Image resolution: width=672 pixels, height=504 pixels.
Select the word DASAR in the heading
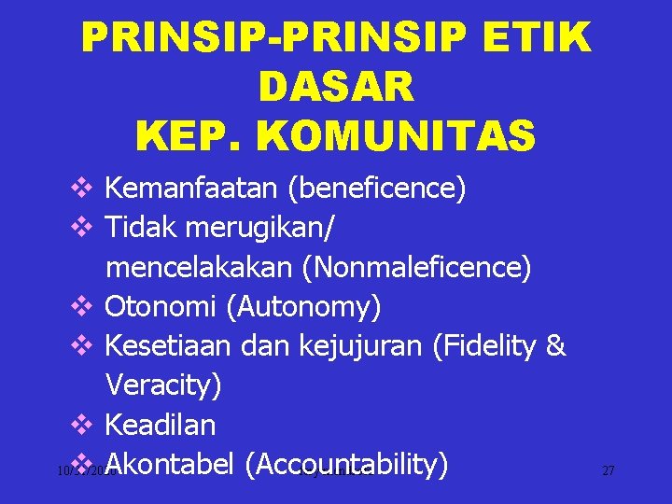click(335, 88)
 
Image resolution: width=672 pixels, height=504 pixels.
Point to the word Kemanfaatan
click(192, 189)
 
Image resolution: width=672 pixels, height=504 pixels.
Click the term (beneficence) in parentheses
click(377, 189)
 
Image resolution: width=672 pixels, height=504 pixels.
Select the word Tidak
click(142, 229)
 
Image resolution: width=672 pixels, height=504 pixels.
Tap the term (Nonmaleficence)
click(416, 268)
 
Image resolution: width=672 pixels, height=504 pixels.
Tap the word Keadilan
click(160, 425)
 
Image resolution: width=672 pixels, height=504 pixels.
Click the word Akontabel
click(168, 464)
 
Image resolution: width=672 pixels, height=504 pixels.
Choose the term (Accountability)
click(348, 464)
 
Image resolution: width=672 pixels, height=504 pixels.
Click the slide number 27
click(609, 471)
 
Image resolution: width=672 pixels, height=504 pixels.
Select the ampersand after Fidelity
click(555, 346)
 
